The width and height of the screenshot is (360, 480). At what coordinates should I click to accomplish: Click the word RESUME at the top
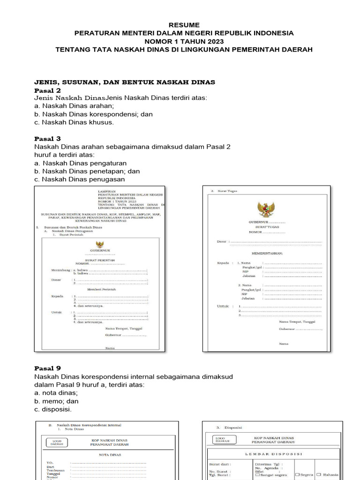click(x=184, y=25)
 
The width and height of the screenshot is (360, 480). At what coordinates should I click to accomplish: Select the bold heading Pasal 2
click(x=47, y=90)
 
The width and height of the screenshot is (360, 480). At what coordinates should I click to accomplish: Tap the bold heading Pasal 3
click(x=47, y=139)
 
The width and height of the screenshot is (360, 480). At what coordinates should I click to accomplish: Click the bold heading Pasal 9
click(x=47, y=368)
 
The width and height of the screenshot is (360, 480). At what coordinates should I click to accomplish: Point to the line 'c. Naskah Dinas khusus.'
click(x=74, y=122)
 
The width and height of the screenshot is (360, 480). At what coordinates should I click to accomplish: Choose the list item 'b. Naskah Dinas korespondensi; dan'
click(x=93, y=114)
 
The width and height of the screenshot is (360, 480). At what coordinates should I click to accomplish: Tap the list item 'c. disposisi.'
click(x=53, y=409)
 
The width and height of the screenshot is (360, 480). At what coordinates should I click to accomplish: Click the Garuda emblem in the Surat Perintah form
click(x=99, y=244)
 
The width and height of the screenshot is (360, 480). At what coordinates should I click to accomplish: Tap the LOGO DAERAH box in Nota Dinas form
click(x=56, y=442)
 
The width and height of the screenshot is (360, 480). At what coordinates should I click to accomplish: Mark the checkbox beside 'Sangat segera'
click(x=257, y=474)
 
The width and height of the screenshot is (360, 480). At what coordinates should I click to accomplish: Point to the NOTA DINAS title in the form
click(x=110, y=455)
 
